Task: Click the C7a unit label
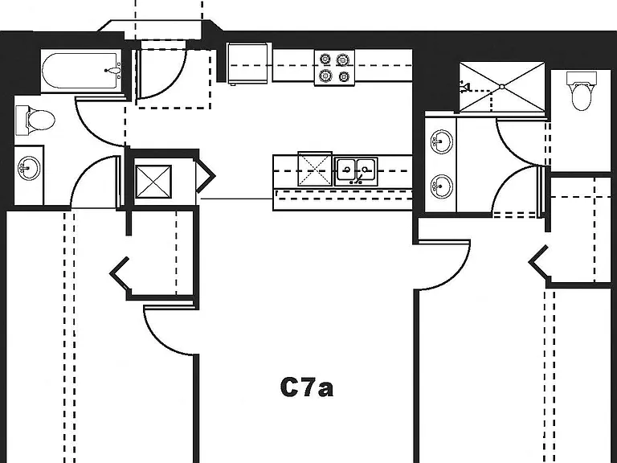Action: pos(307,387)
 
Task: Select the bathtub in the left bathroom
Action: pos(81,71)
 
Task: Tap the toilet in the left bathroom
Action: pos(35,120)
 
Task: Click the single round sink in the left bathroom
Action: pos(29,168)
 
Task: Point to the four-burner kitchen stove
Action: pos(334,68)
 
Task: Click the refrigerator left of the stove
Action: pos(249,64)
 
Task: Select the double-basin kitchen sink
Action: pos(356,171)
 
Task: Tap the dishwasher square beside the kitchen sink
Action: pos(315,169)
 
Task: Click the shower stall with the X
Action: pos(502,87)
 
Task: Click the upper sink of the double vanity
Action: pos(442,141)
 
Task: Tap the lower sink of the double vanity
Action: pos(442,186)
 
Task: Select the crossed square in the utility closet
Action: pos(153,182)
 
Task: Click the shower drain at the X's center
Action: pos(502,87)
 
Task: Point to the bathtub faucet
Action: pos(113,71)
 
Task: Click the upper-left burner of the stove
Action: pos(325,59)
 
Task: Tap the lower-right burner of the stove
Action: pos(344,76)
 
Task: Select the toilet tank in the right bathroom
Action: pos(582,77)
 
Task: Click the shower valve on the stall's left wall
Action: pos(465,86)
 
